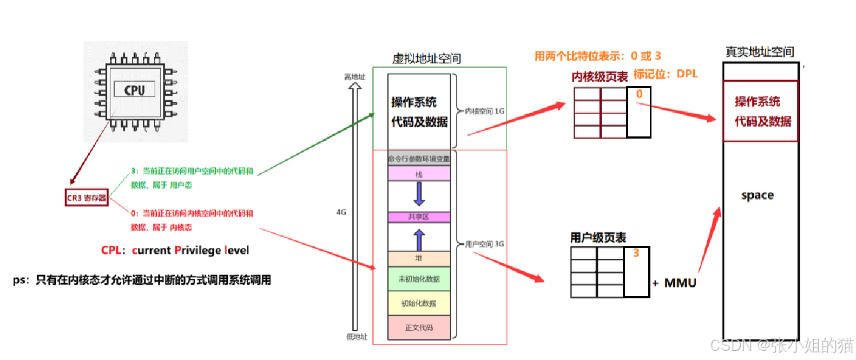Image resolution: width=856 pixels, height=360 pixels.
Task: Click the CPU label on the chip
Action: [134, 90]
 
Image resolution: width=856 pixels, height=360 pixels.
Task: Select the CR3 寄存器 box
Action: [87, 198]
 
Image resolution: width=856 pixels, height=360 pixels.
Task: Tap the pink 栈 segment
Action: [419, 174]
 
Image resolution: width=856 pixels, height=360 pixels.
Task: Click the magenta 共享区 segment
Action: [419, 217]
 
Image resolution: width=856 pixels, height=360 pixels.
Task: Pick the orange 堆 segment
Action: [419, 258]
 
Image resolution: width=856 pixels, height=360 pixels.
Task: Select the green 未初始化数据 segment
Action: [419, 279]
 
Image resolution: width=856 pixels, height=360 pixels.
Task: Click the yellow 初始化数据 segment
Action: [419, 303]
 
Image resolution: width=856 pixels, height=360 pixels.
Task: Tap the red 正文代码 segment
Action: [419, 328]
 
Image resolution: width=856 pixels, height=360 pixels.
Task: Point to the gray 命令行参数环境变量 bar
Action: [419, 159]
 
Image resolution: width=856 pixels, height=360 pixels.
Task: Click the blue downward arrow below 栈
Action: [419, 194]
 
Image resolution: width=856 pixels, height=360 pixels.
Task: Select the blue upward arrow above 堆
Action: [419, 239]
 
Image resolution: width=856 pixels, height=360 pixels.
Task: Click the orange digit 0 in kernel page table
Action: [640, 94]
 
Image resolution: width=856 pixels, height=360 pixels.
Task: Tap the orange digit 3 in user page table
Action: [636, 253]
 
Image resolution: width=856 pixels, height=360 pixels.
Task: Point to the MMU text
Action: [680, 283]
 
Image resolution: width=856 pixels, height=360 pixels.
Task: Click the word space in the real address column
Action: [757, 195]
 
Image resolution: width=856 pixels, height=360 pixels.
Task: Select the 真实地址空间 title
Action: [760, 52]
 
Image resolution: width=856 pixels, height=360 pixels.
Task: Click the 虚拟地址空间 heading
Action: [426, 58]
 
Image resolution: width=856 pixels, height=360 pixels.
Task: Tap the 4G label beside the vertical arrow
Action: [341, 212]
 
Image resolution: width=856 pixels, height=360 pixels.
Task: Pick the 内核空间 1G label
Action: [484, 111]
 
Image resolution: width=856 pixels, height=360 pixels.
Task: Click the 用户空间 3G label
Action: [484, 244]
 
